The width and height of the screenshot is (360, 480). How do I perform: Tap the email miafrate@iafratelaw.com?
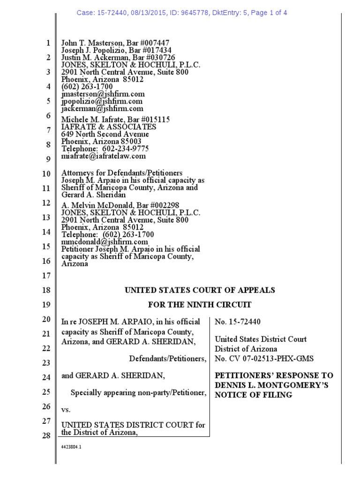pos(104,156)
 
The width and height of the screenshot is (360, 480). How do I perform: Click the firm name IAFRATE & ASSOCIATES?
pos(109,127)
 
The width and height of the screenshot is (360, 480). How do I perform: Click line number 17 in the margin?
pos(46,276)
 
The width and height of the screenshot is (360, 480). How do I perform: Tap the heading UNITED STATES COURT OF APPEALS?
pos(200,290)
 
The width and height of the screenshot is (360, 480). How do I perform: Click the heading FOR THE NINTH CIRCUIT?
pos(200,305)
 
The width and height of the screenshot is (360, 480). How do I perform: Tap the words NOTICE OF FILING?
pos(254,395)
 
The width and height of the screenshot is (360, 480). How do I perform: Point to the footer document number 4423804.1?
pos(71,448)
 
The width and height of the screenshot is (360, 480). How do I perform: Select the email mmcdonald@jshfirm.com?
pos(102,242)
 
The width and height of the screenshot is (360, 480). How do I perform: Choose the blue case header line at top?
pos(182,13)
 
